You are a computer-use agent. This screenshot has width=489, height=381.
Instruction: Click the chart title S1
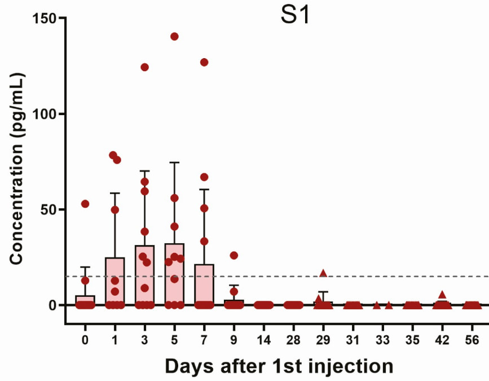[x=295, y=16]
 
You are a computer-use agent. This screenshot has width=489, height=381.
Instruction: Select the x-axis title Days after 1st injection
[x=279, y=366]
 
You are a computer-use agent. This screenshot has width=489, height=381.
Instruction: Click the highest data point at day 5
[x=174, y=37]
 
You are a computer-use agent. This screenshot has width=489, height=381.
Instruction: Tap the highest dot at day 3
[x=144, y=67]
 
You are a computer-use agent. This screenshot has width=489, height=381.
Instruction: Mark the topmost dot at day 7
[x=204, y=62]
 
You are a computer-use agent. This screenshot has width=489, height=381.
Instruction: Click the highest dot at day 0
[x=85, y=204]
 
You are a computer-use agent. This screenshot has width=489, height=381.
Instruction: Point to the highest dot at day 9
[x=234, y=255]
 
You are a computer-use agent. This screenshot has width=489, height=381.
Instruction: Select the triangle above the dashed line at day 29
[x=323, y=273]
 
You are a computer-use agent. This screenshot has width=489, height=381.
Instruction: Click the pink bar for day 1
[x=114, y=282]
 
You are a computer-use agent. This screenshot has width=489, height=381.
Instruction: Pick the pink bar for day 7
[x=204, y=285]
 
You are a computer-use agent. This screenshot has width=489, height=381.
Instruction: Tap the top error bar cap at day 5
[x=174, y=163]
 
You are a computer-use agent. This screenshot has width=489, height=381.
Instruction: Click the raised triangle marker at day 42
[x=442, y=294]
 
